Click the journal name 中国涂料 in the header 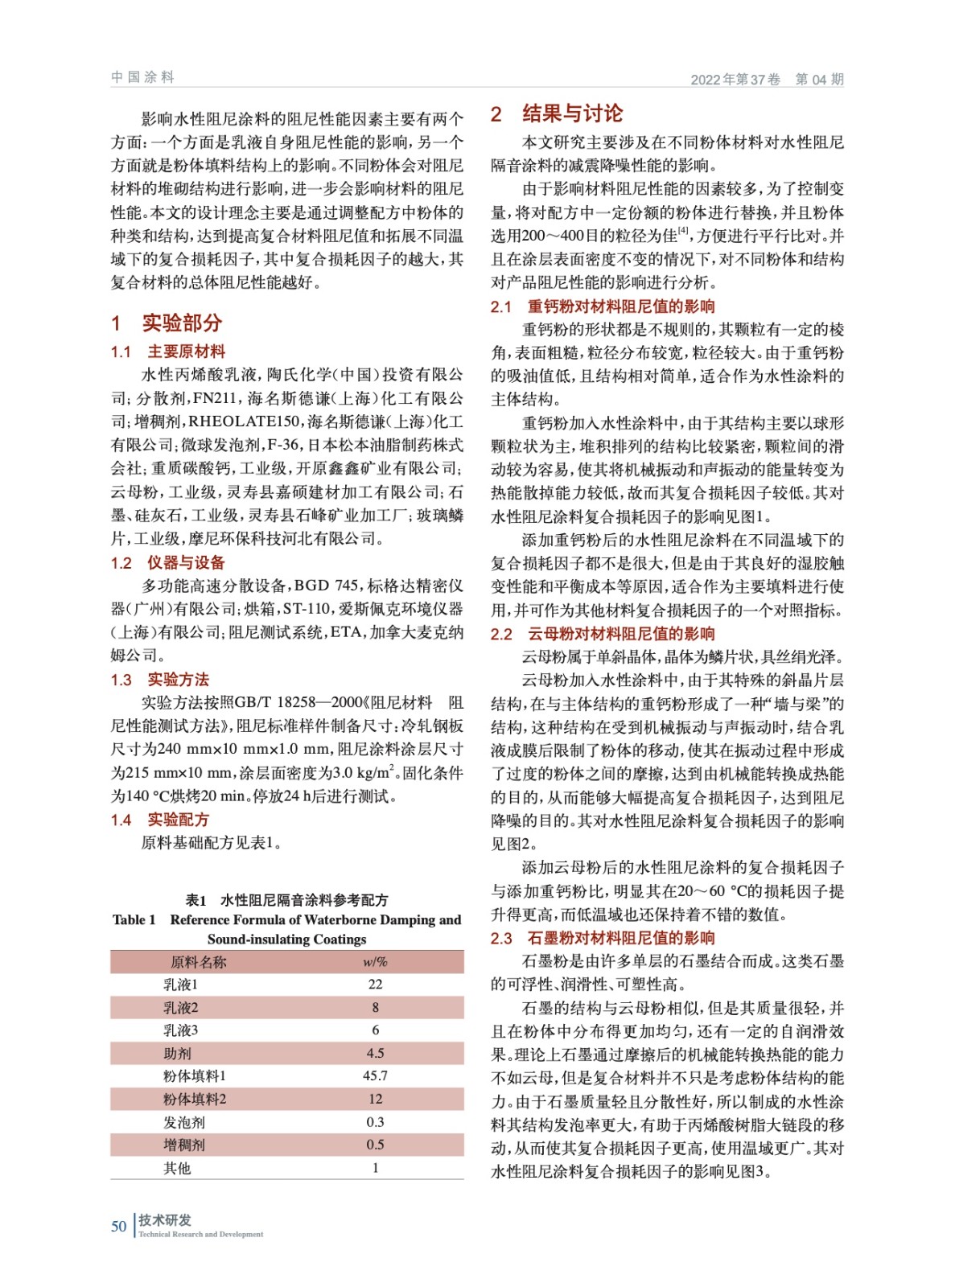[142, 77]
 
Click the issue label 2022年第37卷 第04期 [767, 79]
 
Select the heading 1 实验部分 [167, 323]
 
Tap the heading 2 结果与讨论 [557, 113]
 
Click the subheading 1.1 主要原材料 [168, 352]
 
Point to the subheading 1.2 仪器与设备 [168, 562]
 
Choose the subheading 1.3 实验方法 [160, 680]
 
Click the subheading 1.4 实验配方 [160, 820]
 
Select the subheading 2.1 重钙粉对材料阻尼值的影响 [603, 306]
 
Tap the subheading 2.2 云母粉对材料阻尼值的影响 [603, 634]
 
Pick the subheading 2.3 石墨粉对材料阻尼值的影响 [603, 938]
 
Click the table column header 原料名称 [198, 962]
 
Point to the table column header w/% [375, 962]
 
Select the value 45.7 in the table [375, 1076]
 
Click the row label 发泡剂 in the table [184, 1122]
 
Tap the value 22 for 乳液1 [375, 985]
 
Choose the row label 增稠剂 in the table [184, 1145]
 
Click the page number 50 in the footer [118, 1227]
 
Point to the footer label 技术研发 [165, 1220]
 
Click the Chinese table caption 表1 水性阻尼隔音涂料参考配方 [287, 900]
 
